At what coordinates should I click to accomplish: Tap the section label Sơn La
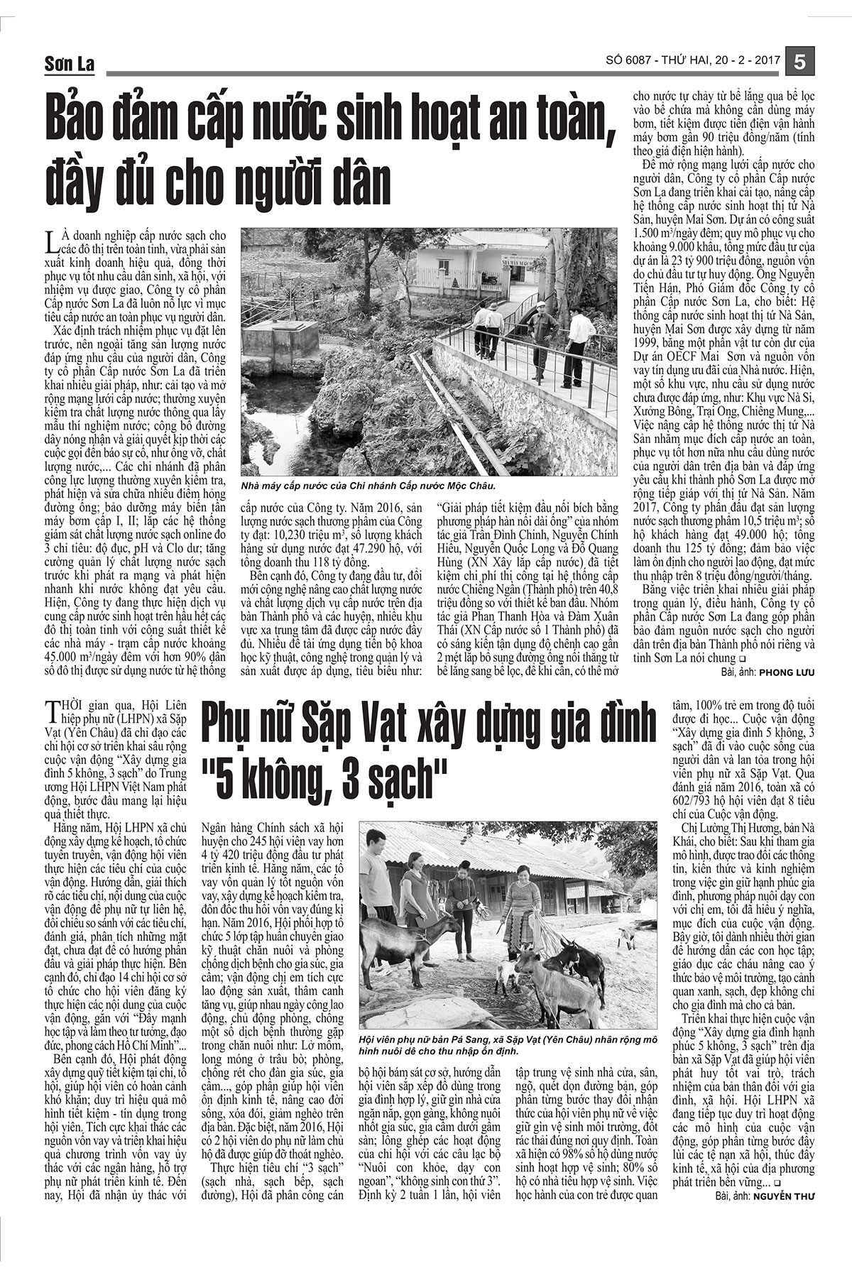point(68,65)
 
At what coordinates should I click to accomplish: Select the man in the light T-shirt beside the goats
point(376,887)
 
